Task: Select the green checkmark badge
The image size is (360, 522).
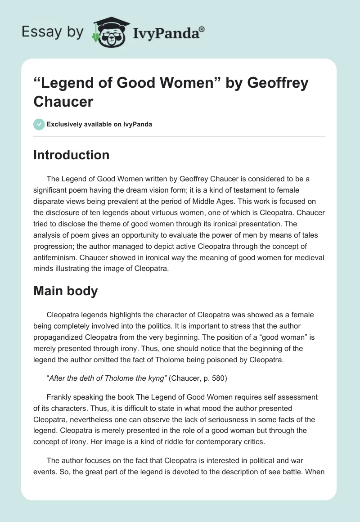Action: (39, 124)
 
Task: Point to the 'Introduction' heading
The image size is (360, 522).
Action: (72, 155)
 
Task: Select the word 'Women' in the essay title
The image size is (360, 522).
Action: (178, 83)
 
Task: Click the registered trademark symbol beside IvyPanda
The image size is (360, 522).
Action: (202, 28)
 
